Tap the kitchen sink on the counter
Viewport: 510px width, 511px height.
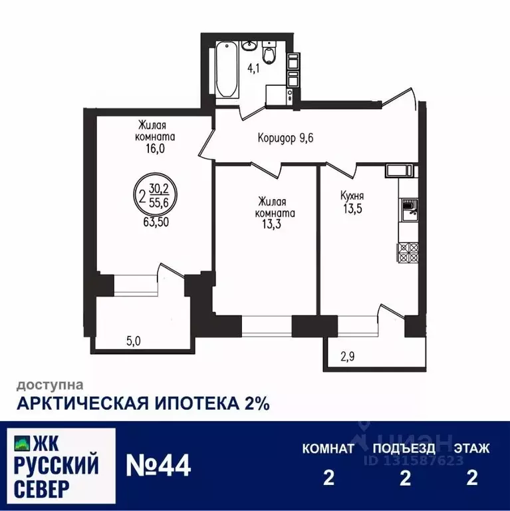point(409,212)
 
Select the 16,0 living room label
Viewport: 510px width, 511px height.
point(152,138)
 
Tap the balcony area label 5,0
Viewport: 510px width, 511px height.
point(134,342)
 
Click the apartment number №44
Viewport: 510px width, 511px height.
point(158,464)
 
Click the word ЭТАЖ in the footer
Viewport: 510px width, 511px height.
point(472,448)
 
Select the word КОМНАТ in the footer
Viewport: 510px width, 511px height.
point(328,448)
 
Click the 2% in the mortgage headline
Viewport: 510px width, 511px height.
point(253,403)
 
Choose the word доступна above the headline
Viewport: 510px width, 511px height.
point(50,384)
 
